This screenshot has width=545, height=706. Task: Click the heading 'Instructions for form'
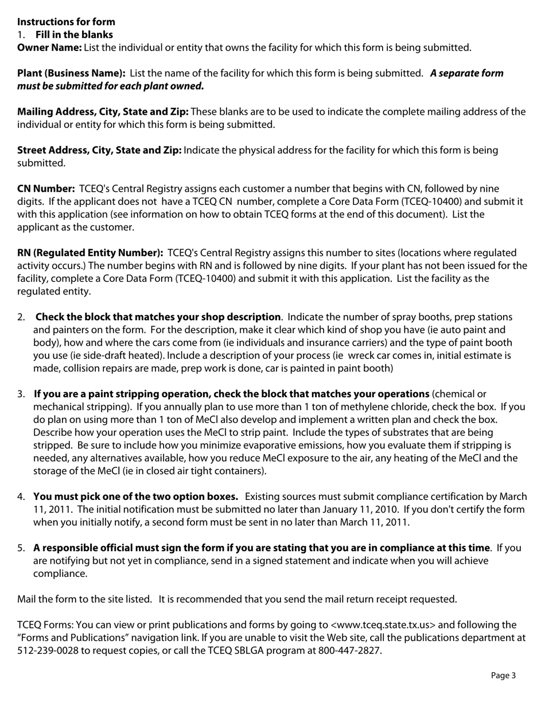[x=66, y=22]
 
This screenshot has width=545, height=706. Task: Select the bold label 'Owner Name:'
[x=49, y=48]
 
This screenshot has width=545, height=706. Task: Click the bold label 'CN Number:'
[x=46, y=189]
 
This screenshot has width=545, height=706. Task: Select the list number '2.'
[x=21, y=317]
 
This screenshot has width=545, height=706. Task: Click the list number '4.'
[x=21, y=496]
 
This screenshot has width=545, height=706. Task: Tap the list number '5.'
[x=21, y=548]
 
